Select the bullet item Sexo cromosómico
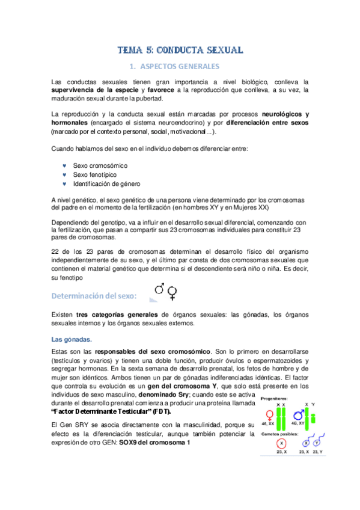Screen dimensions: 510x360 click(100, 165)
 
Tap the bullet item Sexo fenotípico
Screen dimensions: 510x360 click(96, 174)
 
